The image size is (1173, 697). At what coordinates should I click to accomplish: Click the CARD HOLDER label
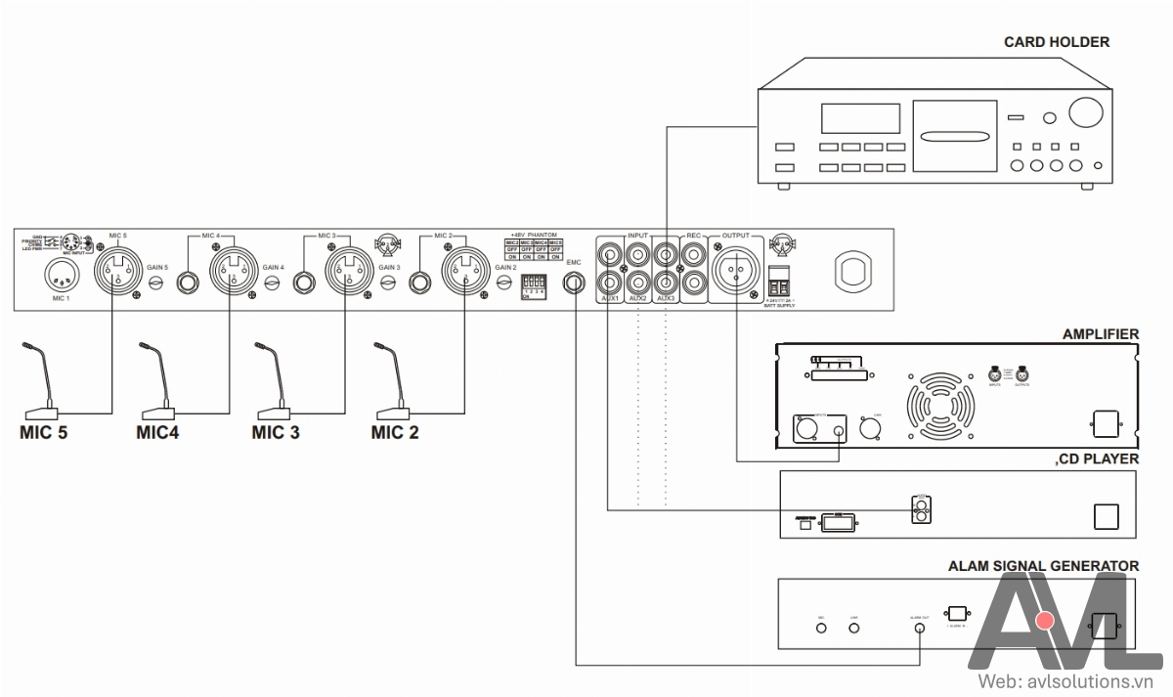tap(1057, 42)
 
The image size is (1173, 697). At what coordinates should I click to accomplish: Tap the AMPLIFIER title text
tap(1100, 334)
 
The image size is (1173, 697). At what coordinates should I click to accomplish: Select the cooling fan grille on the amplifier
tap(940, 403)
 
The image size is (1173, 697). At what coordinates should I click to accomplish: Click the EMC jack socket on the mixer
tap(574, 283)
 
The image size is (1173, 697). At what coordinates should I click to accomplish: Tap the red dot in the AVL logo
tap(1046, 621)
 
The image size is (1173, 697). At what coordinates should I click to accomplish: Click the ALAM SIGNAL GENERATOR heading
tap(1043, 566)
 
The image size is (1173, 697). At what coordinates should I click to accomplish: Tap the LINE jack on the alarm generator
tap(854, 627)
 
